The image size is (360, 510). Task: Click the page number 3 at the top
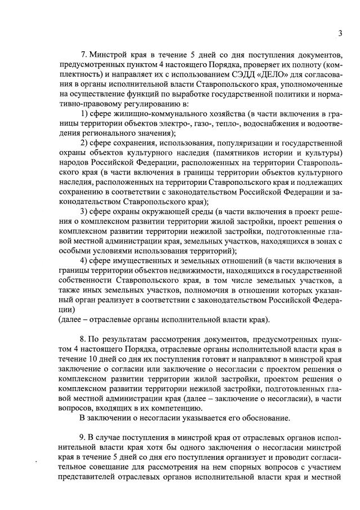340,33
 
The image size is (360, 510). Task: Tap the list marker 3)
84,212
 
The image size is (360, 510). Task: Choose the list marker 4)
84,261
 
